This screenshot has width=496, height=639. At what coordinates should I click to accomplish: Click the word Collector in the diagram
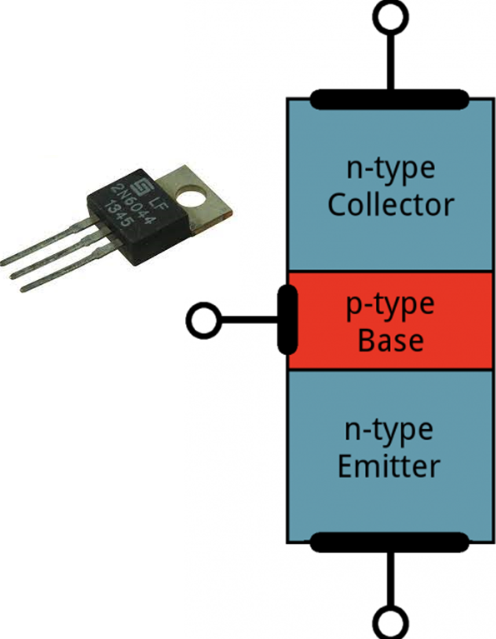(390, 205)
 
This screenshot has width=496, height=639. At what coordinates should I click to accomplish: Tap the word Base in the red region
(390, 341)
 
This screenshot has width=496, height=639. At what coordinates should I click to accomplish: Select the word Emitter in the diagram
(389, 466)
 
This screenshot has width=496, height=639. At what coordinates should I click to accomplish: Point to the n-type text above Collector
(390, 169)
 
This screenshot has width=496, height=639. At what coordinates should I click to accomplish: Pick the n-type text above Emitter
(389, 431)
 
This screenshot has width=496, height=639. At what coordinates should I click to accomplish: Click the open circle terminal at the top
(389, 17)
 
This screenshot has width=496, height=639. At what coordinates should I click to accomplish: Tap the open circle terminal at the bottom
(389, 622)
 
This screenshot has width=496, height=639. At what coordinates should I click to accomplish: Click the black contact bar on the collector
(389, 100)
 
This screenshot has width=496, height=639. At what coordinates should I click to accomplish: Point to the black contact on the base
(285, 319)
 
